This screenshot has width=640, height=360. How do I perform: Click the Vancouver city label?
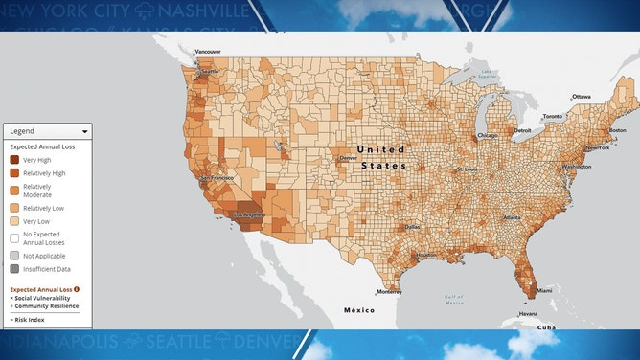click(x=207, y=52)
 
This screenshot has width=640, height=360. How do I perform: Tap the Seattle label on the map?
click(x=210, y=72)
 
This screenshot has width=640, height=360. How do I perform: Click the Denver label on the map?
click(x=348, y=158)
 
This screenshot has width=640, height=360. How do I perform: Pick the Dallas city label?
click(x=412, y=227)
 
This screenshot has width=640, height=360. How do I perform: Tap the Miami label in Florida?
click(x=543, y=290)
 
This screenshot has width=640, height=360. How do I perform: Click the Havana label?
click(x=527, y=314)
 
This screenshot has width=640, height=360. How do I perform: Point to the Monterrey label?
click(x=389, y=291)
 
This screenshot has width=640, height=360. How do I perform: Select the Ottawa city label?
click(x=583, y=97)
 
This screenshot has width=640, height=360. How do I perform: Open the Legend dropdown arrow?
click(x=85, y=131)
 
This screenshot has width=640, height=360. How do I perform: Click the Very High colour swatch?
click(x=14, y=160)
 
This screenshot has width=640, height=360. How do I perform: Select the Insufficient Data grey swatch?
click(x=14, y=271)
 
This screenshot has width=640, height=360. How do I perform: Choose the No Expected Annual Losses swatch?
click(x=14, y=237)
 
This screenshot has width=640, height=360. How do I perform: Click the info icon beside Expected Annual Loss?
click(x=77, y=288)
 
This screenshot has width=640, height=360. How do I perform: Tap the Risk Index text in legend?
click(x=31, y=319)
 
